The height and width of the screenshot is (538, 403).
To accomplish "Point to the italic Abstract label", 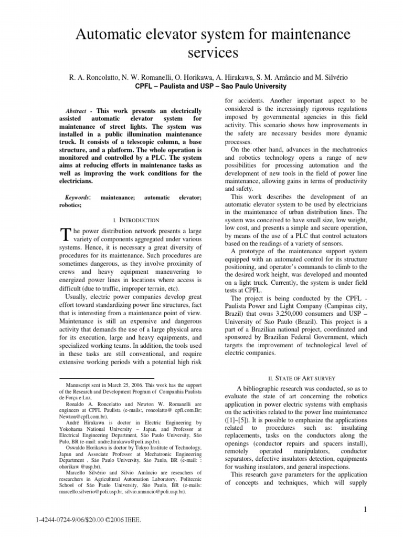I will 76,112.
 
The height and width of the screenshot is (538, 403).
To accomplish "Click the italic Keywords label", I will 77,197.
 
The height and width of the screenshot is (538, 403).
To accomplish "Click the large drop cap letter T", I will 66,234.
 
